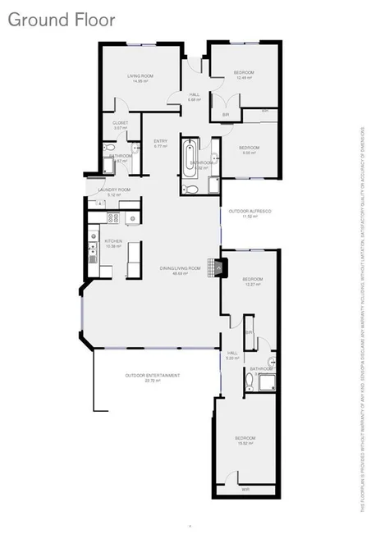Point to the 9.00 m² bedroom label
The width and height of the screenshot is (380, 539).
pyautogui.click(x=250, y=149)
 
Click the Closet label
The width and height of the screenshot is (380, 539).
pyautogui.click(x=121, y=126)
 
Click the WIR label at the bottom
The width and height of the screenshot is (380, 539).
pyautogui.click(x=245, y=489)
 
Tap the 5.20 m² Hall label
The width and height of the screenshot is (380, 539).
pyautogui.click(x=232, y=355)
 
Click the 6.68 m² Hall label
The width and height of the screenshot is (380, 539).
pyautogui.click(x=195, y=97)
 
